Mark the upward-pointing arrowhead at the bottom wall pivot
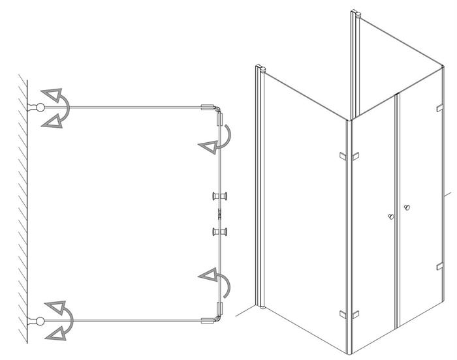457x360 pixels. point(52,307)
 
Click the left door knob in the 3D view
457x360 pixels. point(390,216)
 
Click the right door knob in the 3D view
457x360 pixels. point(407,208)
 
